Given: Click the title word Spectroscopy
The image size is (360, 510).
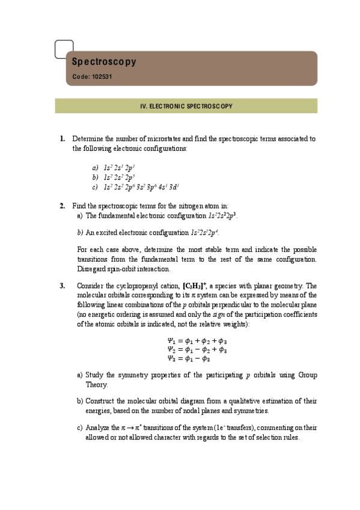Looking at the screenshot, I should click(x=105, y=62).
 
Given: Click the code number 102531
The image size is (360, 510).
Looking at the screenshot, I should click(x=100, y=77).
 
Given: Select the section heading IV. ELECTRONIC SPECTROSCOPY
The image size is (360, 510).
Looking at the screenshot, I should click(x=186, y=106).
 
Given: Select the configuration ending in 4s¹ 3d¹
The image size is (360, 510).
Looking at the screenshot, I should click(x=138, y=187).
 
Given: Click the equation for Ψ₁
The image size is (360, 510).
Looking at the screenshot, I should click(x=197, y=340).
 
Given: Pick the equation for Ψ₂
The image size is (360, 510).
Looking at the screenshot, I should click(x=197, y=349).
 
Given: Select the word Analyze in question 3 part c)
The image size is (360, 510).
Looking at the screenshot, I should click(x=99, y=427).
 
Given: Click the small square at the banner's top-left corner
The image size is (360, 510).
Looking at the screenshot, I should click(x=64, y=49).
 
